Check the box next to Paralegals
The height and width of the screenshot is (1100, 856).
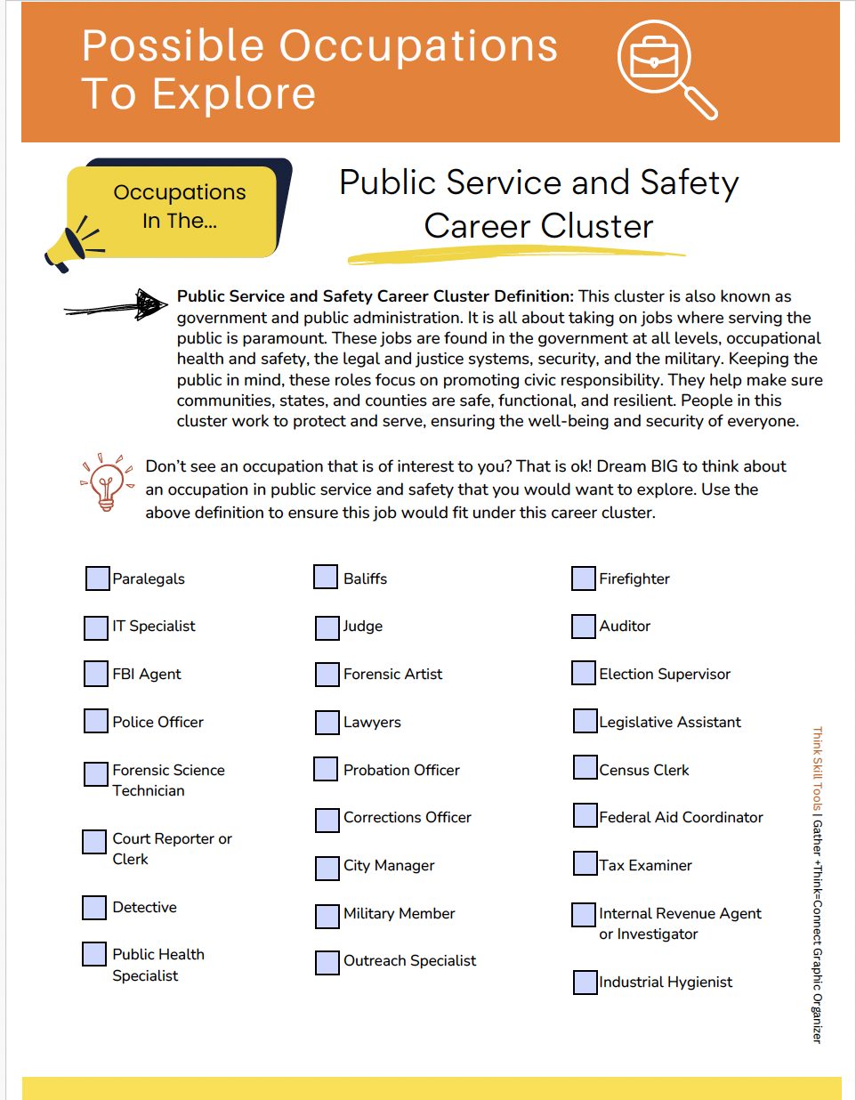coord(97,578)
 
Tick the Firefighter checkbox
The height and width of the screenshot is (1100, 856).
coord(583,578)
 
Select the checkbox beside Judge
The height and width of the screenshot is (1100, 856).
coord(327,627)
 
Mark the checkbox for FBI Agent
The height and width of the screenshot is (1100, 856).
coord(96,674)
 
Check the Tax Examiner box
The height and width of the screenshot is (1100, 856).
coord(585,863)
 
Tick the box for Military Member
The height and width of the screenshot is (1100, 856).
coord(327,915)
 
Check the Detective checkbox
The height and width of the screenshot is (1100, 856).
coord(94,907)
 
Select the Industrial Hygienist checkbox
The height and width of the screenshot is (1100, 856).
coord(585,982)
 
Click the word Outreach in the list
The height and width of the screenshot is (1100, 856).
coord(373,961)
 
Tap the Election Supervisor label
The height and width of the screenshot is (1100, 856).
coord(664,675)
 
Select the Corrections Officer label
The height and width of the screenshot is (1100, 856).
coord(407,818)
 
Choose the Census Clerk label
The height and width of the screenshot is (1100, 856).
coord(643,771)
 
